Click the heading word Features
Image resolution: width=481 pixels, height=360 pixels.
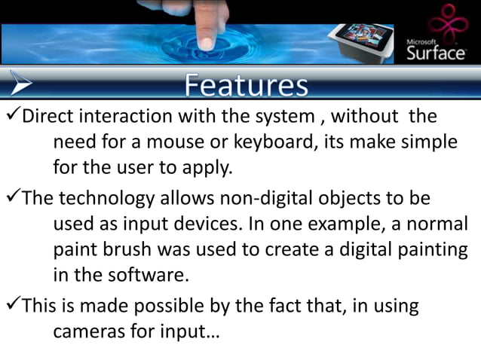(x=246, y=84)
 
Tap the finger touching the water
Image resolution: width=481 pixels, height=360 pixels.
(x=207, y=26)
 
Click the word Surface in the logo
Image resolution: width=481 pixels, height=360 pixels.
(x=436, y=54)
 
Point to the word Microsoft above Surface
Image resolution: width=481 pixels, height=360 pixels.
(x=421, y=41)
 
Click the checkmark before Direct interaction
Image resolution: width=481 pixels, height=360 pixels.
(x=11, y=117)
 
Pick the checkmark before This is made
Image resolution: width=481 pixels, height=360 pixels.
(x=11, y=306)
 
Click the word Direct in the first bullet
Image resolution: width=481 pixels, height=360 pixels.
(x=46, y=118)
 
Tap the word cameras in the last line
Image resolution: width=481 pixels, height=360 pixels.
(x=90, y=331)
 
